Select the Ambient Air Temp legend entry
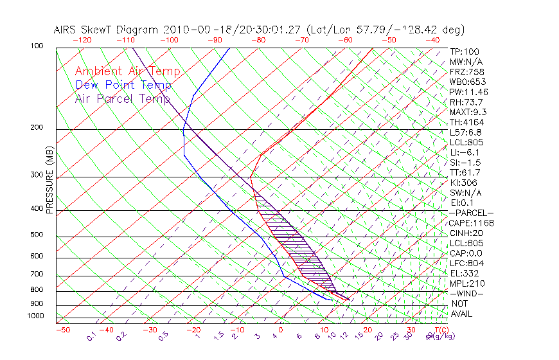pos(127,71)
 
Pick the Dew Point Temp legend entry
pos(123,85)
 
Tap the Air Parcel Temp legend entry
pos(122,98)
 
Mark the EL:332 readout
pos(463,273)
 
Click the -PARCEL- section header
pos(472,213)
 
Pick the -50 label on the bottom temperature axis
pos(62,330)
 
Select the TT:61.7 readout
pos(465,172)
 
